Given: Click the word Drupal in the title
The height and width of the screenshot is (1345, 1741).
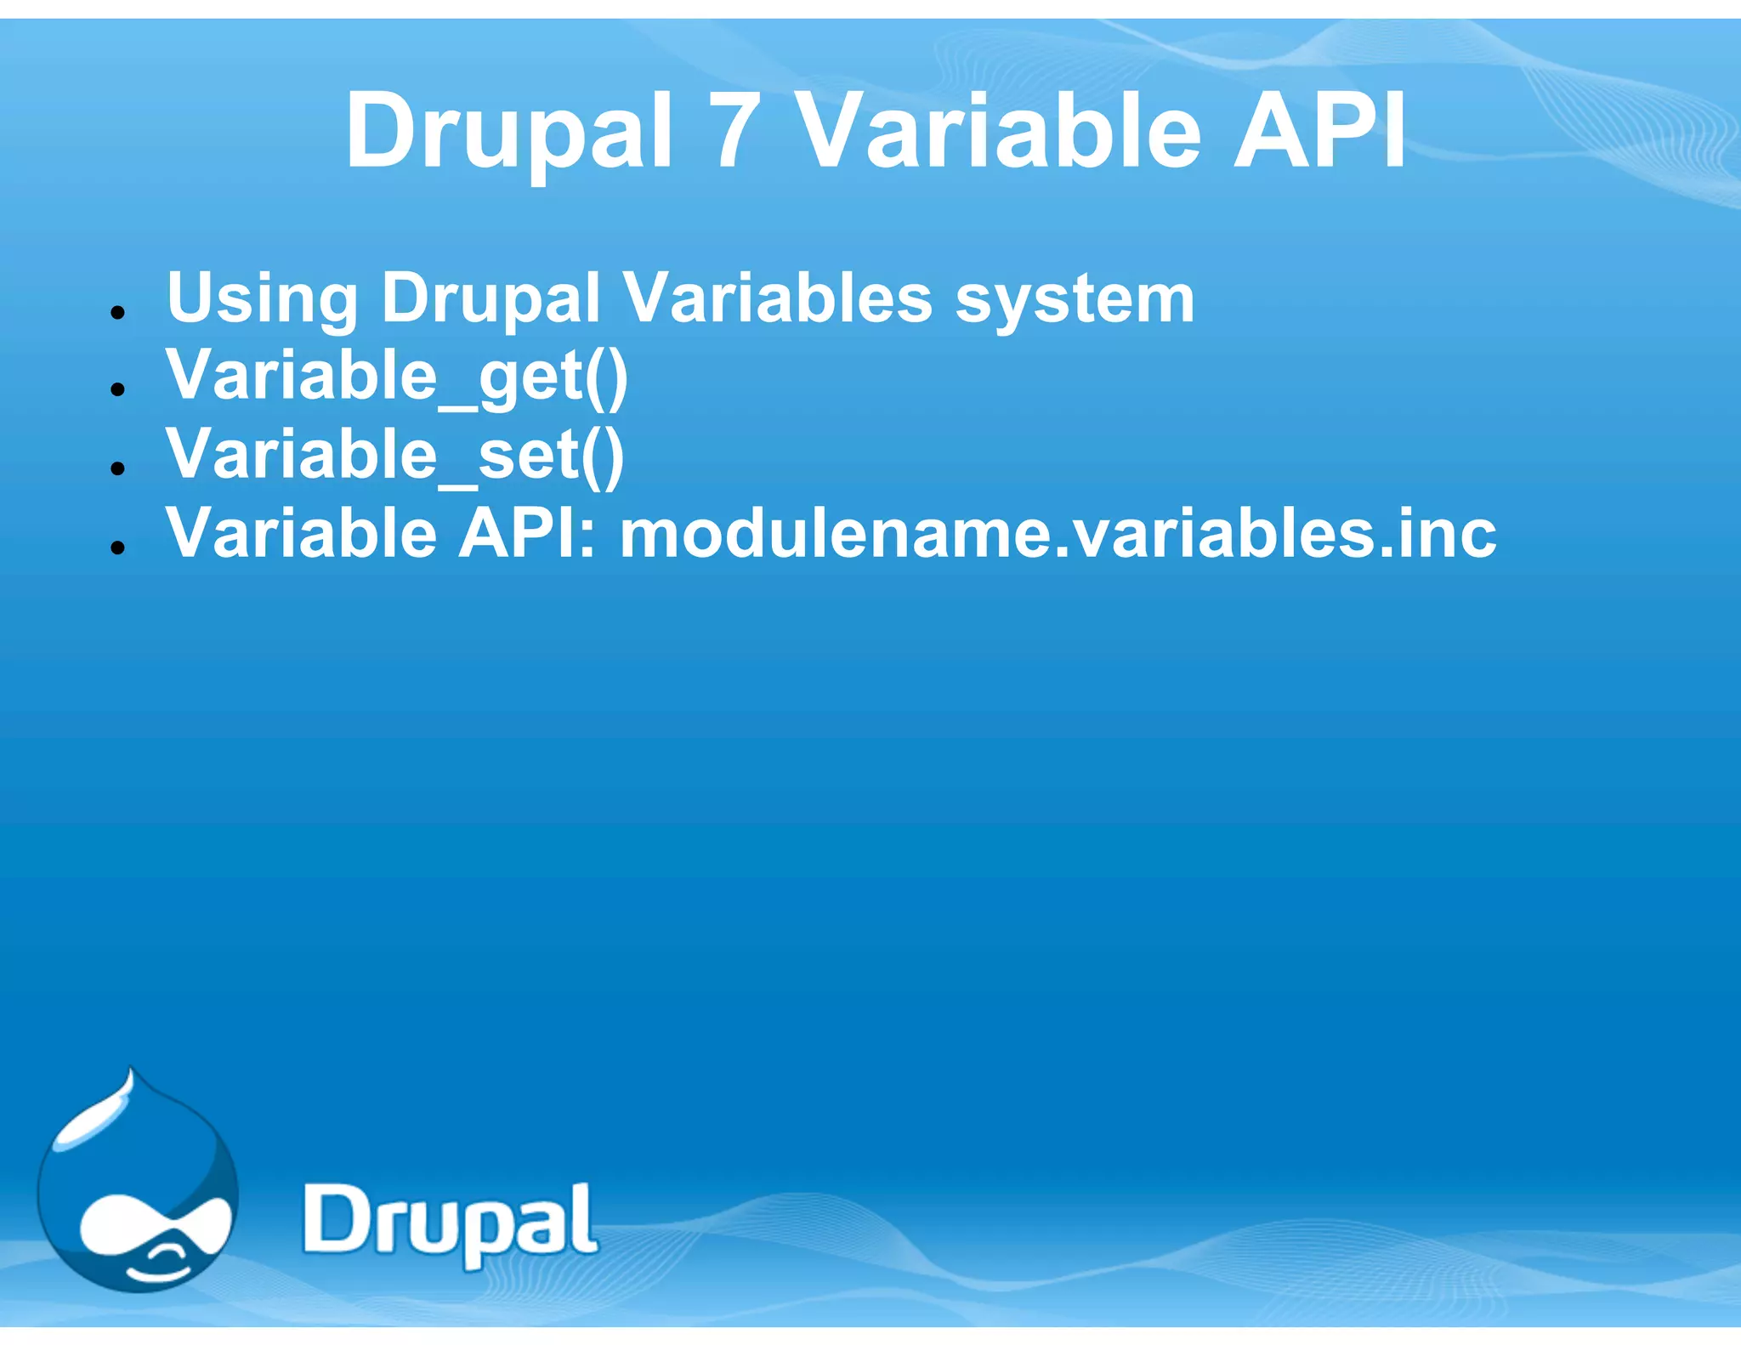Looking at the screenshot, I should (508, 133).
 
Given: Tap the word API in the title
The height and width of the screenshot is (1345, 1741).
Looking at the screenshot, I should (1319, 133).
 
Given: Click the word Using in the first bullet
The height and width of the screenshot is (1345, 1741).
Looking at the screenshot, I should (262, 299).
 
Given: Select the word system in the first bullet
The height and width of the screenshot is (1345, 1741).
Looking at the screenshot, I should (1075, 299).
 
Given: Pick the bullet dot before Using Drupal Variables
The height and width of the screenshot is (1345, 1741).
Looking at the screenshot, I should (118, 312).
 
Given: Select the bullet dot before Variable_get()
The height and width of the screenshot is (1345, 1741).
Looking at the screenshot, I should (118, 390).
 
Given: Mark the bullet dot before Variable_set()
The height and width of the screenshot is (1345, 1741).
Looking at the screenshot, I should (118, 468).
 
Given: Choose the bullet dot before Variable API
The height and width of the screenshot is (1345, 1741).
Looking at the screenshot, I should (118, 548).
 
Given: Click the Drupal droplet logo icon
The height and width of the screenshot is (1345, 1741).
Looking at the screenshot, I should (138, 1190).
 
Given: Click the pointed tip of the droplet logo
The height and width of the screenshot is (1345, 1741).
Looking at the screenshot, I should (130, 1075).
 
